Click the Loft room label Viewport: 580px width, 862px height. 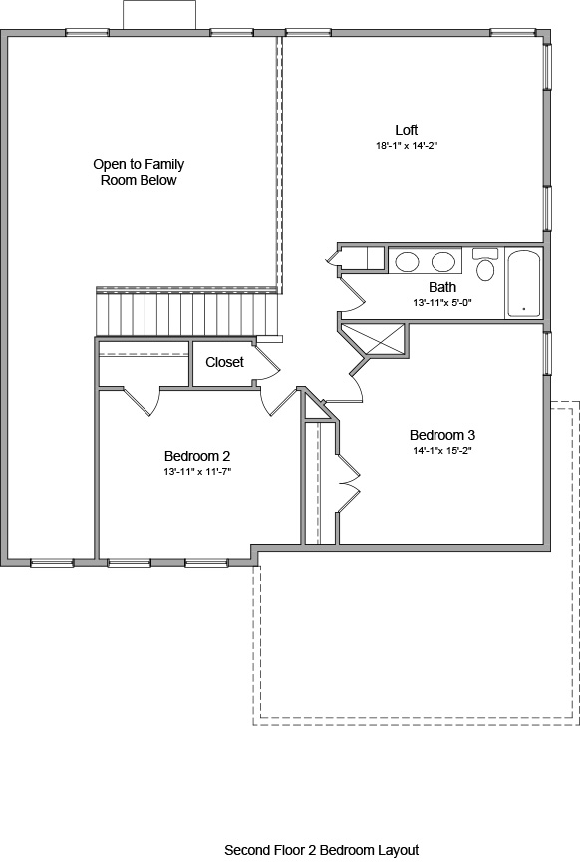pyautogui.click(x=406, y=130)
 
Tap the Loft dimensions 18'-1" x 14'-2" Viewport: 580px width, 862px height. pyautogui.click(x=406, y=146)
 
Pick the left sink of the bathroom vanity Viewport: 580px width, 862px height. pyautogui.click(x=408, y=262)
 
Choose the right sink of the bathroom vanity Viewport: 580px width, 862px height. pyautogui.click(x=443, y=262)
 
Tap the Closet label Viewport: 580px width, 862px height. pyautogui.click(x=224, y=362)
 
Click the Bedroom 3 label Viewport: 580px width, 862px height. pyautogui.click(x=441, y=435)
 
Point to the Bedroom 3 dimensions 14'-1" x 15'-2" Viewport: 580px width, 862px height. pyautogui.click(x=441, y=451)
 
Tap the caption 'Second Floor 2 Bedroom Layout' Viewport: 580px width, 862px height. pyautogui.click(x=321, y=850)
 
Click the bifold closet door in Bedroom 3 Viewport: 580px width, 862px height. pyautogui.click(x=346, y=484)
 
